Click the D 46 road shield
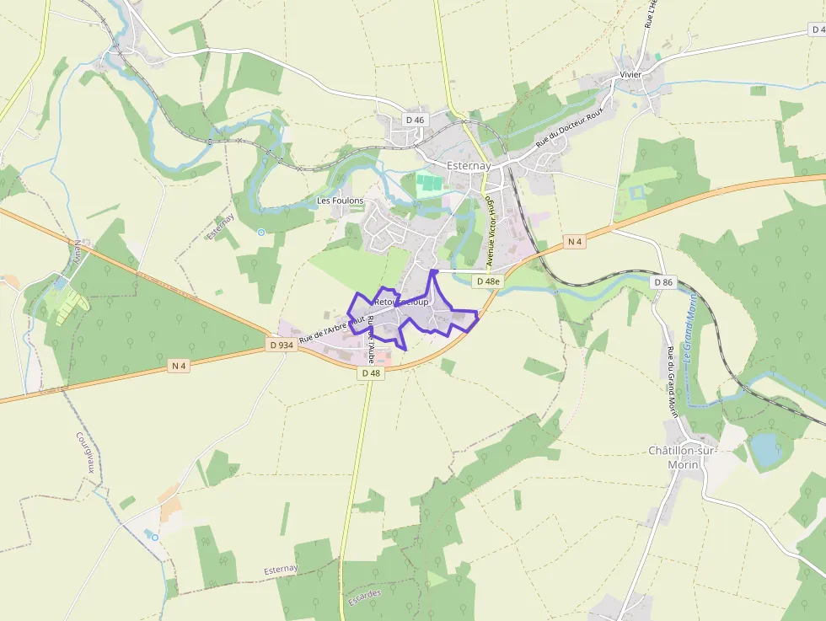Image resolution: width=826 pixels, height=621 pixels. [x=415, y=120]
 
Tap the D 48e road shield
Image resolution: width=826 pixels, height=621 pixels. [x=487, y=281]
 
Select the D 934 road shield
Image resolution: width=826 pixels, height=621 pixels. [x=281, y=345]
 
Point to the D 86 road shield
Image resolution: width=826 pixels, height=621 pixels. [x=663, y=282]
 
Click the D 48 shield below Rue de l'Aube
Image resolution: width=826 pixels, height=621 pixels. [x=371, y=372]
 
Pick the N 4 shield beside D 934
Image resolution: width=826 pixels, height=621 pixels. [x=179, y=365]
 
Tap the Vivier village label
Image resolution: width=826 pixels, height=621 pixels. [x=630, y=74]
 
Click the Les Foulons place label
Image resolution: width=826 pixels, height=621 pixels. [x=340, y=201]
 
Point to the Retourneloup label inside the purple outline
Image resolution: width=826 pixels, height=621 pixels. [x=400, y=301]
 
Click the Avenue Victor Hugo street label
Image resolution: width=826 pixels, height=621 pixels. [x=490, y=226]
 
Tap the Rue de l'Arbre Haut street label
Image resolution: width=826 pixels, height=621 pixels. [x=331, y=329]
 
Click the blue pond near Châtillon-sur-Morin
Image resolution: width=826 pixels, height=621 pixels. [x=766, y=449]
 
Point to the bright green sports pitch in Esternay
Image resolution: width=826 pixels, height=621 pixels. [x=429, y=185]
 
